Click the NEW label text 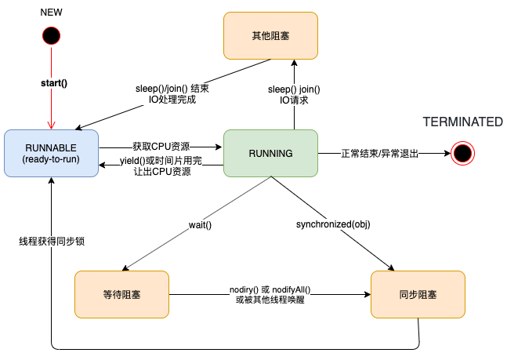pos(53,13)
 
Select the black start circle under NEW pos(53,36)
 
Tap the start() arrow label pos(53,82)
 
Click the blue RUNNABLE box pos(52,153)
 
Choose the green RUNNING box pos(270,153)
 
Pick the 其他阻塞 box pos(270,35)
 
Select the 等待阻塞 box pos(122,295)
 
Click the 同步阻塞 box pos(418,295)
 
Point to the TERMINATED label pos(462,122)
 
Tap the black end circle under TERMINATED pos(463,153)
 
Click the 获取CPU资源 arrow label pos(160,147)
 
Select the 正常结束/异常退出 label pos(380,154)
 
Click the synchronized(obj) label pos(333,224)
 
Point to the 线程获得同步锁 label pos(52,242)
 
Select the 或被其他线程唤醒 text pos(270,300)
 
